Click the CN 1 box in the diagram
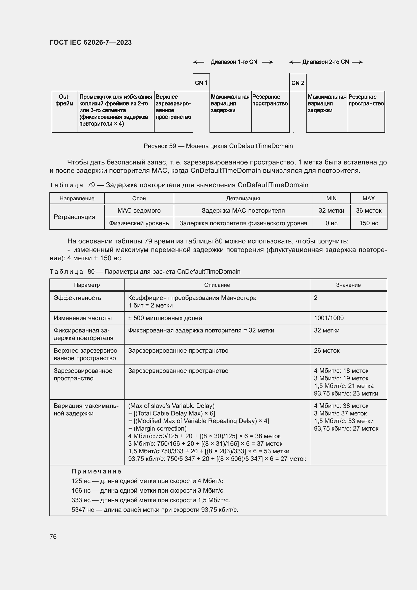(201, 83)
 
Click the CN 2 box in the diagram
(297, 83)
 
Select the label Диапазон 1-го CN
(234, 62)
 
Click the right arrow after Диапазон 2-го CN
(357, 62)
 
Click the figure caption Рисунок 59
(218, 146)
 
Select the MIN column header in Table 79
(331, 198)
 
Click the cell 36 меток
(369, 211)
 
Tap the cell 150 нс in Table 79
(369, 223)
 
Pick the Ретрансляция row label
(74, 217)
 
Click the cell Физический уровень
(139, 223)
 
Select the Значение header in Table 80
(348, 285)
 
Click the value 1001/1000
(329, 318)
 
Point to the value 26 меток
(326, 351)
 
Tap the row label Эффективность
(77, 298)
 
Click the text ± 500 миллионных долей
(165, 318)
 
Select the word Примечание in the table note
(96, 471)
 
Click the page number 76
(53, 537)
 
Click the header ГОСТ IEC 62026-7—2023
(91, 42)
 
